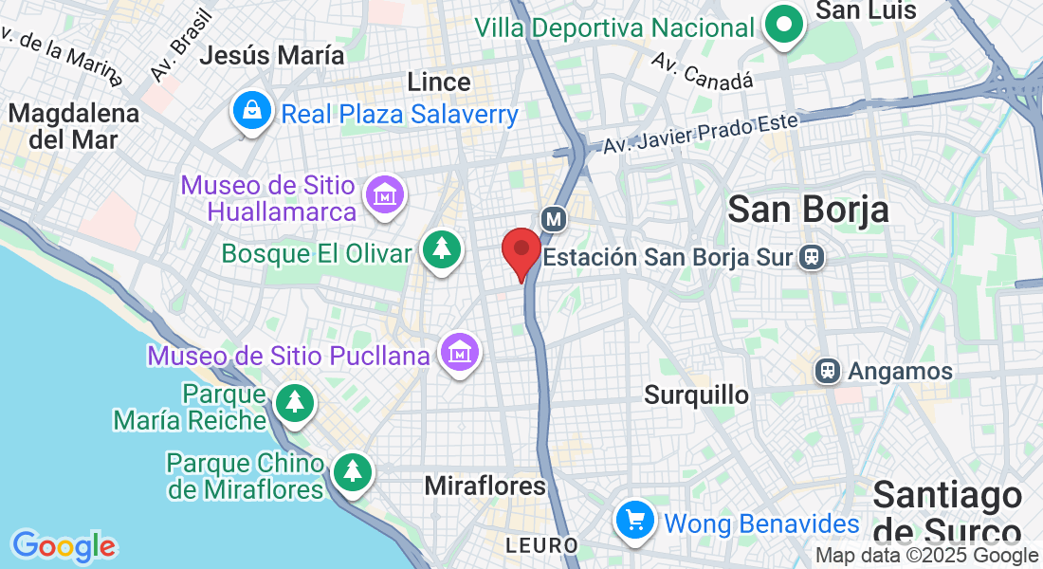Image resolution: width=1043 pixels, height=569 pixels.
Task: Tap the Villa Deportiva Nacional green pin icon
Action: (784, 27)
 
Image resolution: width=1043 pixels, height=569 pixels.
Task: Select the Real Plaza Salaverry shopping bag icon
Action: (251, 112)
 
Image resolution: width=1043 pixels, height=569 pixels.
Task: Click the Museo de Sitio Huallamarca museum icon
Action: (385, 196)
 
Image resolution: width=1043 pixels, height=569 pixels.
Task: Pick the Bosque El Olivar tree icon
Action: (441, 250)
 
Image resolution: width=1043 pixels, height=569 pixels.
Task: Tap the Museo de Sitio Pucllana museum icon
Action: (460, 353)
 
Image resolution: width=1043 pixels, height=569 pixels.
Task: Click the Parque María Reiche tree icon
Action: (295, 403)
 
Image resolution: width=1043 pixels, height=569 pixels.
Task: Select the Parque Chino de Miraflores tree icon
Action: (353, 471)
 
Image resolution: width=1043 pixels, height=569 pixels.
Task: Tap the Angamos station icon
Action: (829, 371)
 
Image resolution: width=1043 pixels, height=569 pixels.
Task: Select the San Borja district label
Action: (808, 210)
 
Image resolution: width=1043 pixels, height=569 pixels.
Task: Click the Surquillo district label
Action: (696, 395)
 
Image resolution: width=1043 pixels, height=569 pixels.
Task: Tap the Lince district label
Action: (439, 83)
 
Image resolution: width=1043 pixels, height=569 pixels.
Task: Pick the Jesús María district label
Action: (272, 55)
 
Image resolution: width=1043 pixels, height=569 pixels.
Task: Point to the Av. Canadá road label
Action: (703, 71)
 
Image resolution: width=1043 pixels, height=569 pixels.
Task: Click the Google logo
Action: (64, 546)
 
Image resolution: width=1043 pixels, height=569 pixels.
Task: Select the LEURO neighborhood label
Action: (541, 545)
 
